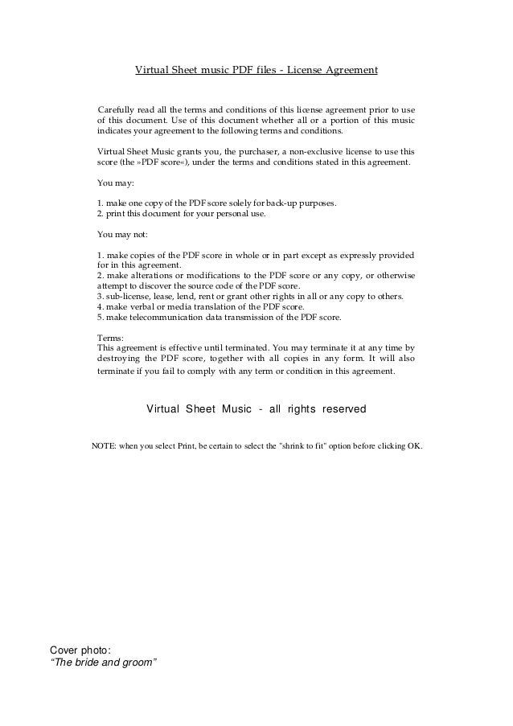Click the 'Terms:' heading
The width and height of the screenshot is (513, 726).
point(109,338)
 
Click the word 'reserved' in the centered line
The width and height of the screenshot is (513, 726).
point(344,409)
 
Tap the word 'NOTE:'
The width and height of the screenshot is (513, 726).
point(103,445)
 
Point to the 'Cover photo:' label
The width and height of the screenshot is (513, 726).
point(80,650)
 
